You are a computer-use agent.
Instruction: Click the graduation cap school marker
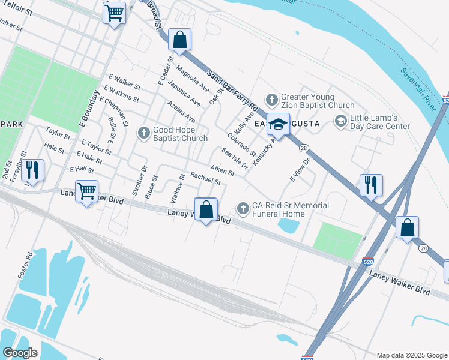tap(278, 124)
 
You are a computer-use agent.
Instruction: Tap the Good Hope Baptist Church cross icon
tap(143, 133)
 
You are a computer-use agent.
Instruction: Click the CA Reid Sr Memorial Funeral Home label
tap(291, 209)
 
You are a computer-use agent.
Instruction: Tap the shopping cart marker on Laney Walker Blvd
tap(87, 191)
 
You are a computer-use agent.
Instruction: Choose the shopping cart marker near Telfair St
tap(114, 13)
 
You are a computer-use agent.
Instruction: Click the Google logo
tap(20, 353)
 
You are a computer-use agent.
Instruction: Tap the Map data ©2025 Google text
tap(411, 355)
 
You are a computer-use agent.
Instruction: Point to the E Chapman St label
tap(113, 111)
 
